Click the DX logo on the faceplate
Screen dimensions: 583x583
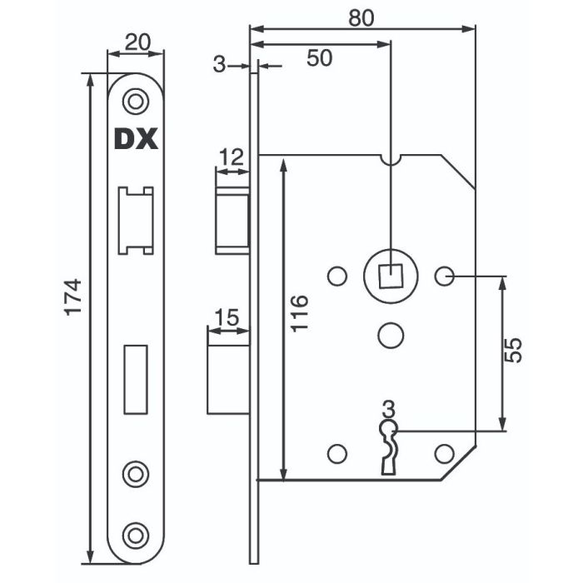pos(136,139)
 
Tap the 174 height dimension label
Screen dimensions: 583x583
pos(72,297)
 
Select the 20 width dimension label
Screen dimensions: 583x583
pos(137,42)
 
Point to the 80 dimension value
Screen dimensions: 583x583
pos(361,17)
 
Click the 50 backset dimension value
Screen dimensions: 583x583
pos(319,58)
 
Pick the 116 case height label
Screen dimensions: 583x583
pos(299,313)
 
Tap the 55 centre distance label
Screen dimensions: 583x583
pos(514,351)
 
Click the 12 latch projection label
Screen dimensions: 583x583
pos(231,157)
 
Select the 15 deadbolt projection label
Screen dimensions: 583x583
pos(227,317)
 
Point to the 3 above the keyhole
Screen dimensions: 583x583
pos(389,410)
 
